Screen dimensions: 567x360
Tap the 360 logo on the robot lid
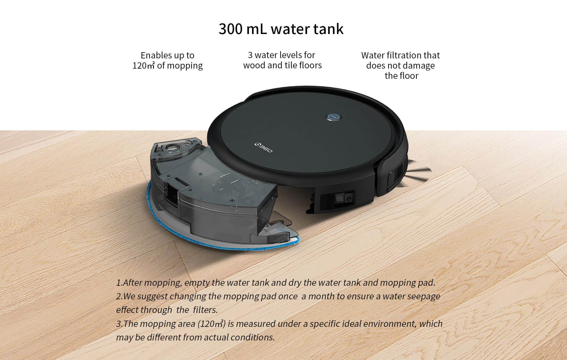(263, 148)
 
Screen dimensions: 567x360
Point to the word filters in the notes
(205, 310)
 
